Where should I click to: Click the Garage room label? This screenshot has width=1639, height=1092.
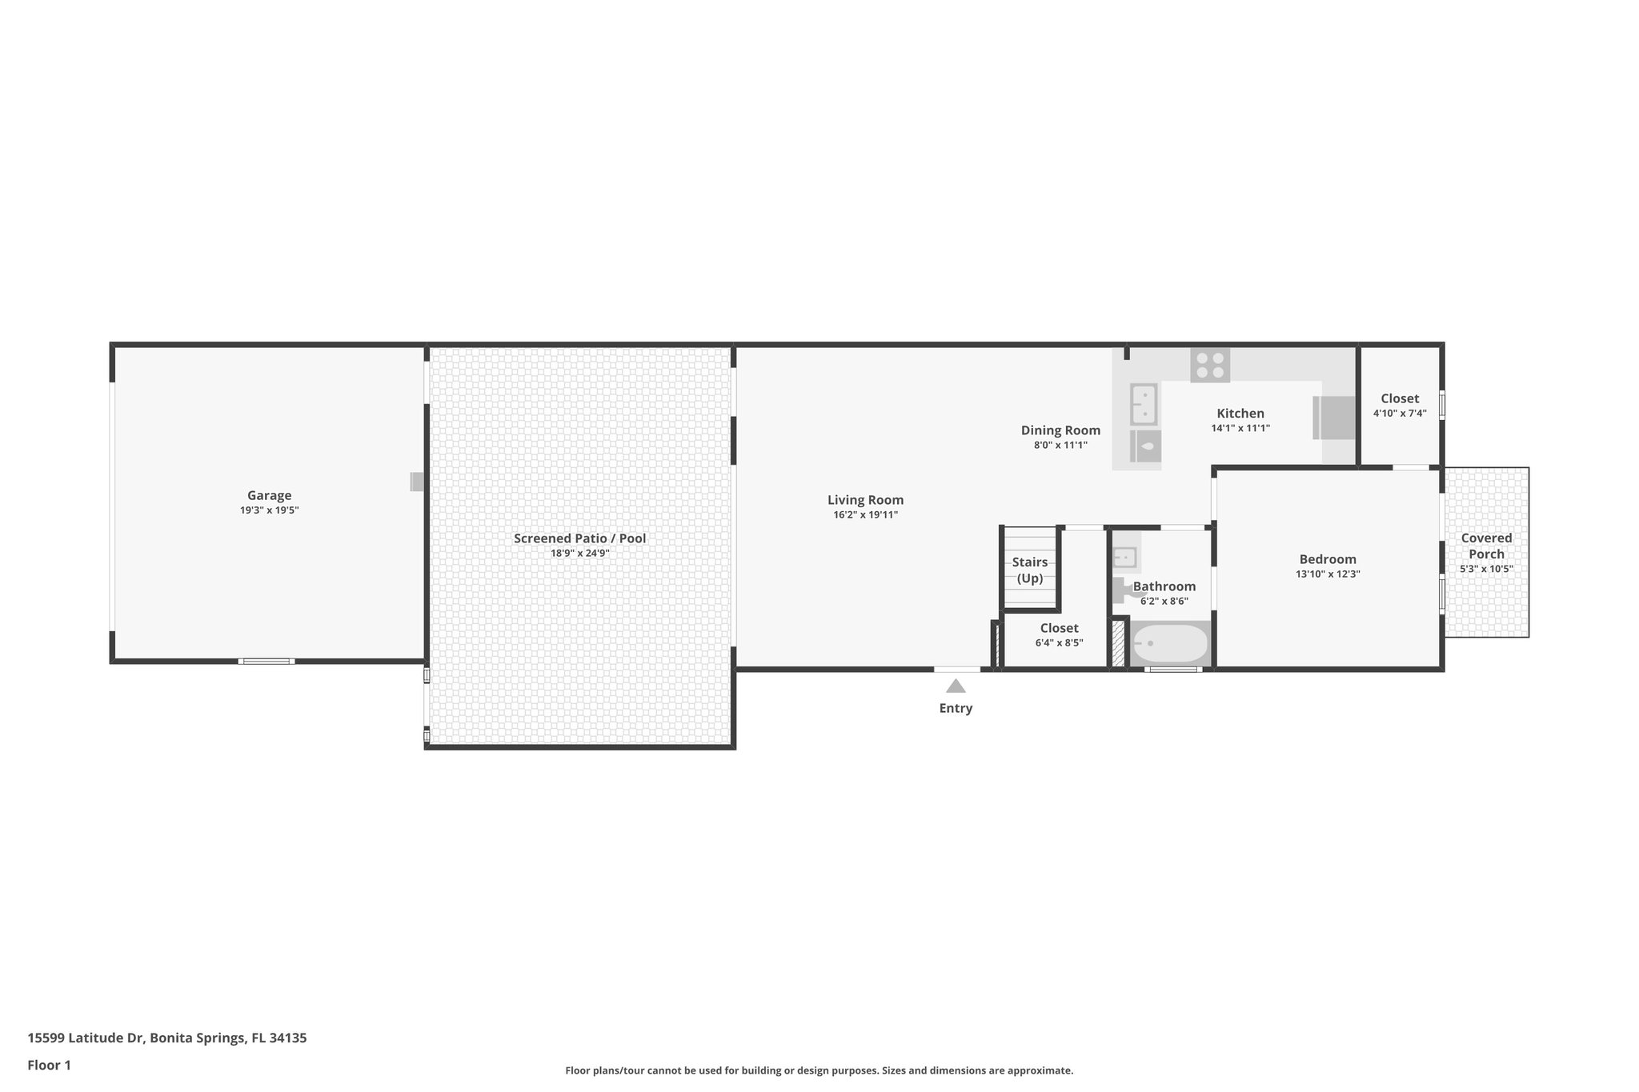click(269, 495)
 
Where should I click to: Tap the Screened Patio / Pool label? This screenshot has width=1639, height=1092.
click(579, 538)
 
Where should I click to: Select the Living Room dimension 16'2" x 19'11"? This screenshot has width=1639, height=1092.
click(865, 515)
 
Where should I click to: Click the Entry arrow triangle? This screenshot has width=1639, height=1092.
click(956, 686)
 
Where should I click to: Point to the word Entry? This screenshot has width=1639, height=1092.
click(956, 708)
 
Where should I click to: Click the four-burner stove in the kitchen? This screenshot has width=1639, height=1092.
click(1209, 365)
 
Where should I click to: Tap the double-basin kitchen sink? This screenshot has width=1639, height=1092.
click(1144, 405)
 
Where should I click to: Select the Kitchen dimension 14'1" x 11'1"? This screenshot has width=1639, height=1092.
click(1240, 429)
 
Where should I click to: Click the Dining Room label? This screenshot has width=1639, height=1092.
click(1060, 430)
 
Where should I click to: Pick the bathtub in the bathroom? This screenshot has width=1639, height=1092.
click(1169, 643)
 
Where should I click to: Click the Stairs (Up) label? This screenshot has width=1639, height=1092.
click(1029, 570)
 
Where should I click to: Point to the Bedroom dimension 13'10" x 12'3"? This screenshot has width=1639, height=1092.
click(1328, 574)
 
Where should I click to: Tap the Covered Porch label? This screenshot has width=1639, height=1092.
click(1486, 546)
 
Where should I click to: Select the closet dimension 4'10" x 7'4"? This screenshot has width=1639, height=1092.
click(1400, 414)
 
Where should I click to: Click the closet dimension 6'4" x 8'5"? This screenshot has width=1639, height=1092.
click(1059, 643)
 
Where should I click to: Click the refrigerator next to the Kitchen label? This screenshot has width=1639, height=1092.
click(1334, 418)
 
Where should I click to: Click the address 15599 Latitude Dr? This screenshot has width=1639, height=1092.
click(86, 1038)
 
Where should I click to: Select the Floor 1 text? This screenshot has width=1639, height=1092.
click(50, 1066)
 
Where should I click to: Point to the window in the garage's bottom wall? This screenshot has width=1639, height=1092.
click(266, 662)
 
